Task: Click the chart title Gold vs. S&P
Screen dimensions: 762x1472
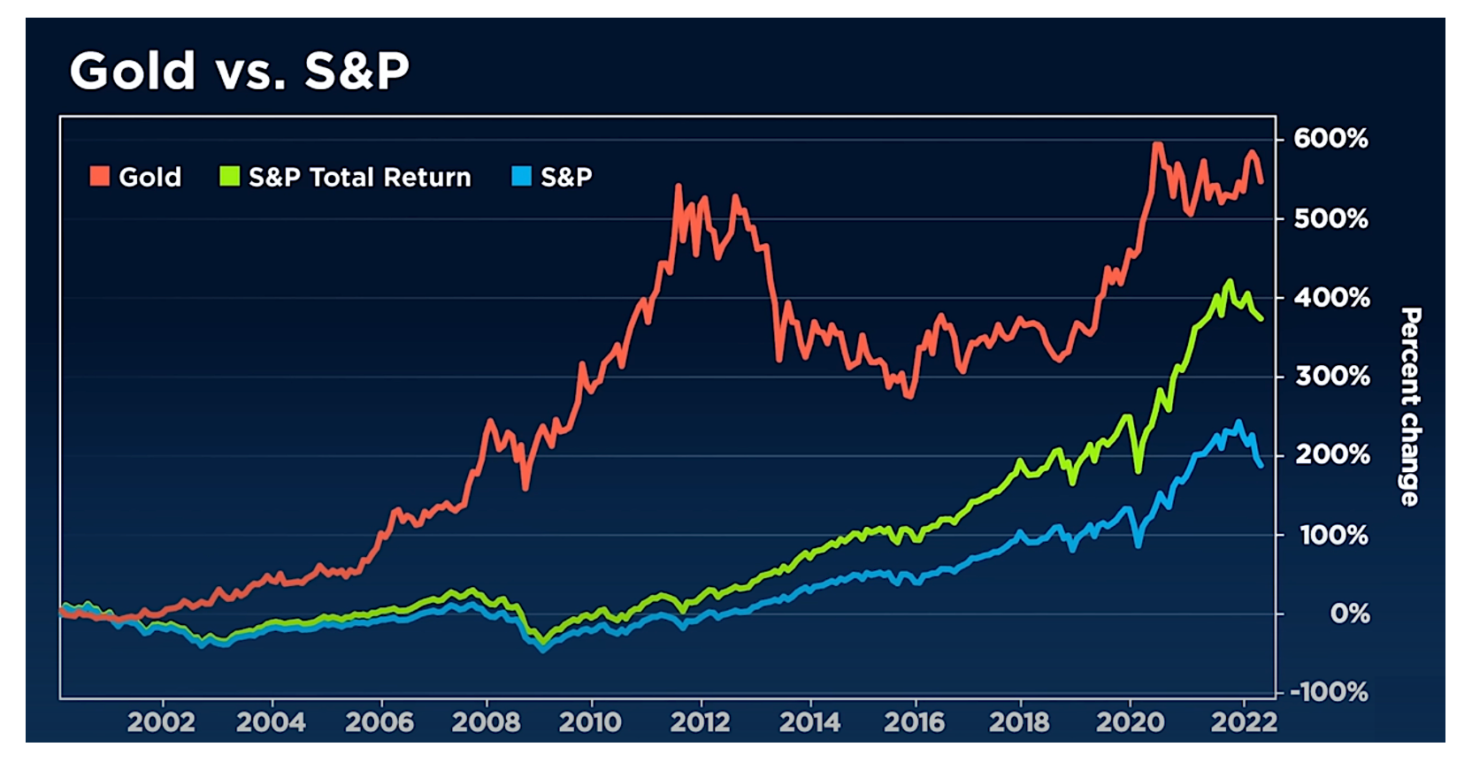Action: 239,71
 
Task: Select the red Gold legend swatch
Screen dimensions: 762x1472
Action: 100,177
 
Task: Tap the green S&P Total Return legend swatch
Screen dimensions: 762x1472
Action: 229,177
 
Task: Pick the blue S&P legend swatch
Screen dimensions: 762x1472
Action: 521,177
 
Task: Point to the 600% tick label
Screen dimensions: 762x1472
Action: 1330,139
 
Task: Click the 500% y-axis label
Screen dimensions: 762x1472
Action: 1330,218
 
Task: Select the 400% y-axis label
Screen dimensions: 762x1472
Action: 1331,298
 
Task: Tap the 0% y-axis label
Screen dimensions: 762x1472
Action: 1349,613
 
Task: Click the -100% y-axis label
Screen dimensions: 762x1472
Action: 1329,692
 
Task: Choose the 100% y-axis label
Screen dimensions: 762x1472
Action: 1333,535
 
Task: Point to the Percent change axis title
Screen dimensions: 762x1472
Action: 1410,407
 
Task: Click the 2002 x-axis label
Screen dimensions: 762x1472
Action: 161,722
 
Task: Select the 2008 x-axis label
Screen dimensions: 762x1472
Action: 486,722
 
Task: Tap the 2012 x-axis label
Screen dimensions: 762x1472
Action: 700,722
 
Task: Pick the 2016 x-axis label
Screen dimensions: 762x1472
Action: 915,722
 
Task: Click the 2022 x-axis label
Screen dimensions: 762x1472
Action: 1243,722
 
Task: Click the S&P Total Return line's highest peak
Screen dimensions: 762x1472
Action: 1230,282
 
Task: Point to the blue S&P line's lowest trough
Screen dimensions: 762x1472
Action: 542,650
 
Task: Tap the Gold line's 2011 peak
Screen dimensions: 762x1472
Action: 678,187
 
